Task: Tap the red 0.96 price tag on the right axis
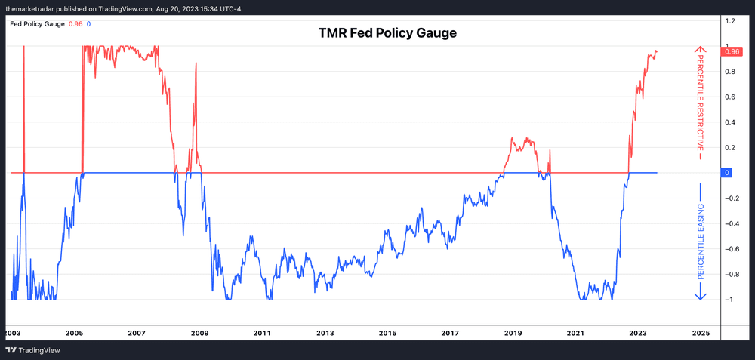click(x=731, y=51)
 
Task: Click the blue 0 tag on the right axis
click(x=726, y=173)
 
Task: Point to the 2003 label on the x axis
click(x=11, y=333)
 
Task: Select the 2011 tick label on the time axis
click(x=262, y=333)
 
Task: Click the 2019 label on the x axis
click(x=513, y=333)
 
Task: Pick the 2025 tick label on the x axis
click(x=701, y=333)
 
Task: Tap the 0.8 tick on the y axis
click(x=730, y=72)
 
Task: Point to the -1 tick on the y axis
click(x=728, y=300)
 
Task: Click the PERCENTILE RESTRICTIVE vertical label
click(x=700, y=102)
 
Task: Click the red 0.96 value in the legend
click(x=75, y=24)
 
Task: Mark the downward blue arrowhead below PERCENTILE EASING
click(x=700, y=296)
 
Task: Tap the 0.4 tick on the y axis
click(x=730, y=122)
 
